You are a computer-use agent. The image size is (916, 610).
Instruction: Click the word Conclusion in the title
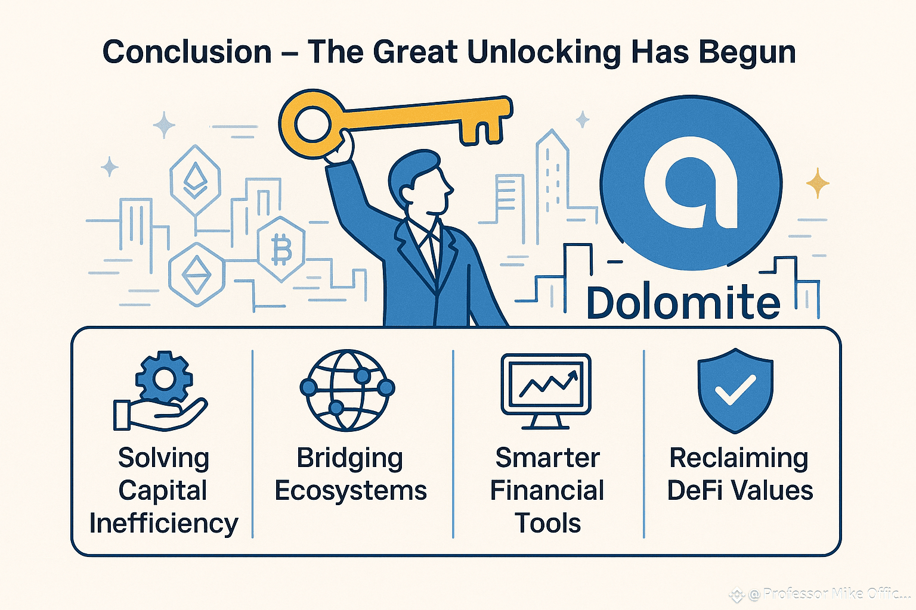click(187, 52)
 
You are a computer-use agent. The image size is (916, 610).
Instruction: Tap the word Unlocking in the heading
click(544, 53)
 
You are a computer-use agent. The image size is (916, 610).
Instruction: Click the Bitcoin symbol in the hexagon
click(281, 249)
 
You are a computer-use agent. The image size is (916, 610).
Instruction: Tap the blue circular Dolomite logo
click(692, 183)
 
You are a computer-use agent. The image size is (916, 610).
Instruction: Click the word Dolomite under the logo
click(683, 303)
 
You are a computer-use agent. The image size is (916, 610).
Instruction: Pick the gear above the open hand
click(164, 378)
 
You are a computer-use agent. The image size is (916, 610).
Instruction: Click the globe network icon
click(347, 390)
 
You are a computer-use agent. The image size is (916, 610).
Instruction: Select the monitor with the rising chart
click(546, 391)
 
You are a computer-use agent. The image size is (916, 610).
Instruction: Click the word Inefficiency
click(163, 524)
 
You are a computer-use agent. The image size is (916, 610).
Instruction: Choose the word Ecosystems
click(351, 491)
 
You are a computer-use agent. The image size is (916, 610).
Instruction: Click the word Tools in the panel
click(547, 523)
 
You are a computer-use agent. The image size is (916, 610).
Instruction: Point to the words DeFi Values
click(740, 490)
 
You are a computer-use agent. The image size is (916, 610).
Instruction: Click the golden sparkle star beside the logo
click(818, 183)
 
